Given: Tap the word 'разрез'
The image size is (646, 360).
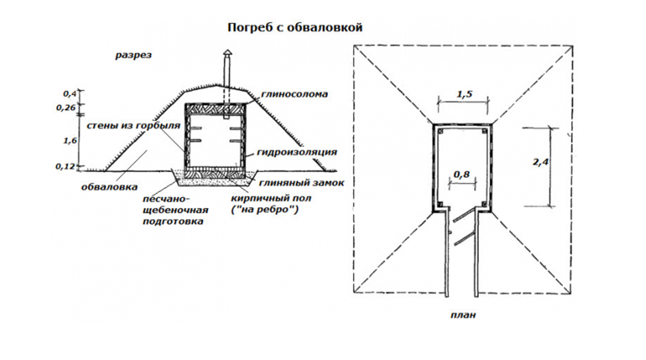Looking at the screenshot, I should point(133,55).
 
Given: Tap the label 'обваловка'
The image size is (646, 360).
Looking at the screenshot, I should point(109,188).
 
